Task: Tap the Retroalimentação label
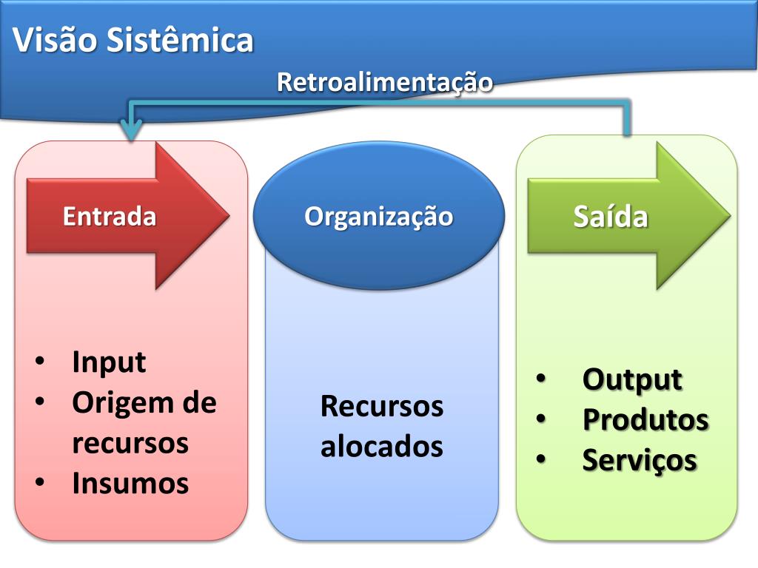[384, 82]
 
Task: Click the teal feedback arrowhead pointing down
[131, 131]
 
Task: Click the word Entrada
[110, 217]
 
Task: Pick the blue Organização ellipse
[378, 216]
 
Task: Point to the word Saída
[611, 217]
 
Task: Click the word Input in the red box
[109, 362]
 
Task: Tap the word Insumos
[130, 484]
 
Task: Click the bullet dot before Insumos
[40, 483]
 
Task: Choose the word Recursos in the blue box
[382, 406]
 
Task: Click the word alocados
[382, 447]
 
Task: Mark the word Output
[632, 379]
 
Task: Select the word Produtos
[645, 419]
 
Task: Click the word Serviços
[640, 460]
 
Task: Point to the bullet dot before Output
[540, 379]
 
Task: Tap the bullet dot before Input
[40, 362]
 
